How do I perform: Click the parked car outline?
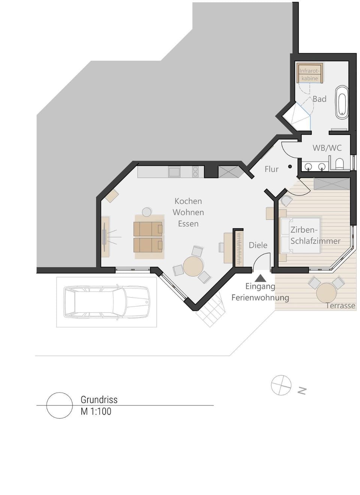click(106, 302)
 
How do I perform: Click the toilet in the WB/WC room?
click(339, 164)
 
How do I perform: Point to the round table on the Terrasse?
click(326, 292)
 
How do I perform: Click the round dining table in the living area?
click(193, 266)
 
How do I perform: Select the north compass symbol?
click(281, 385)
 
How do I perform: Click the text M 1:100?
click(96, 411)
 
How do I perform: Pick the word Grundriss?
click(99, 399)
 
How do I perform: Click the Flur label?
click(271, 169)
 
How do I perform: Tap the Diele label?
click(258, 245)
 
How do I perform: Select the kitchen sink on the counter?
click(174, 172)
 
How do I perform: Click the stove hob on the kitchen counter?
click(195, 172)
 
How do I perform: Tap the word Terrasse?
click(340, 305)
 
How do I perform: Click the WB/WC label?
click(327, 148)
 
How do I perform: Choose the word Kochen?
click(188, 201)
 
